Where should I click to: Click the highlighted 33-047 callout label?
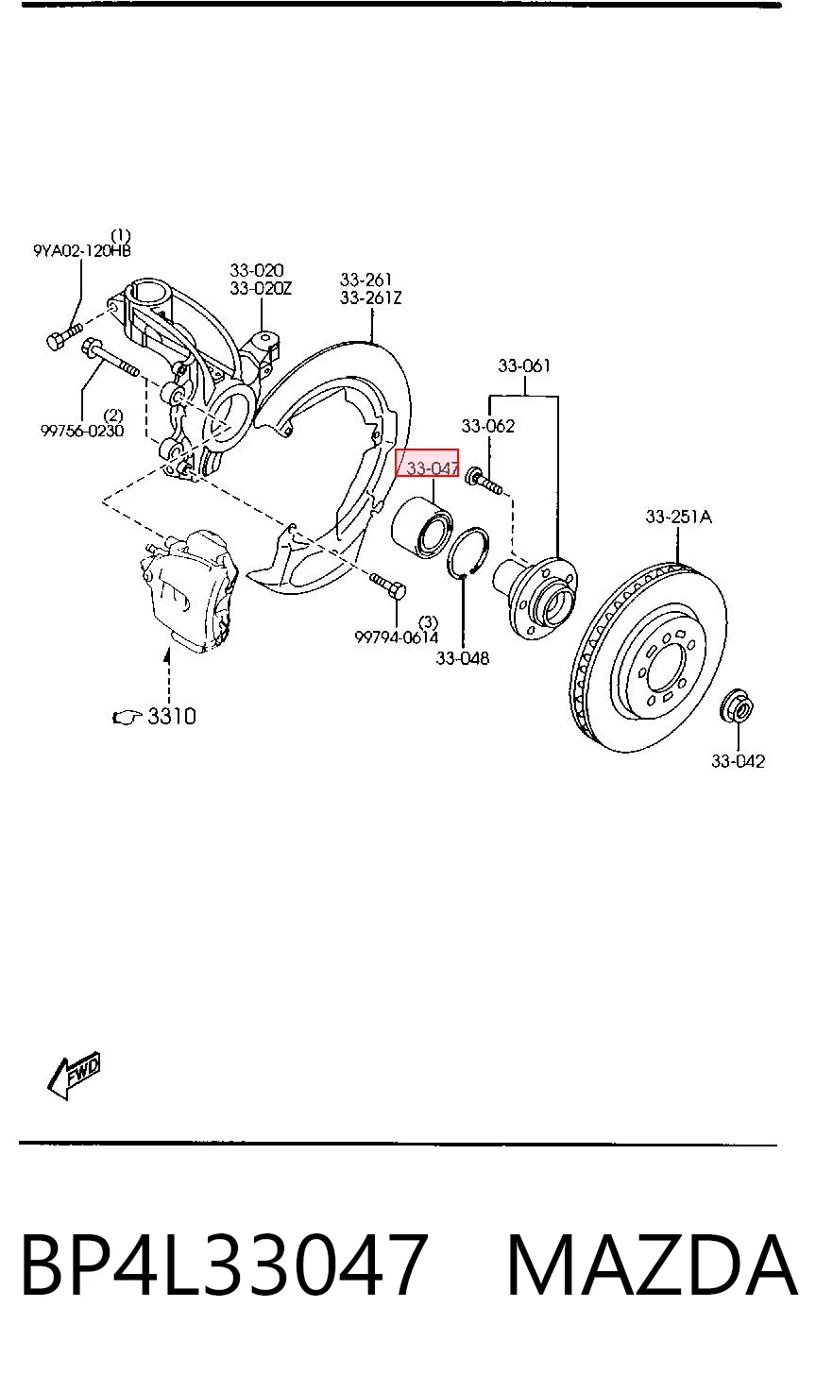point(427,462)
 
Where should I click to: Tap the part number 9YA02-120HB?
point(81,250)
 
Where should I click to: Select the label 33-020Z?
point(261,288)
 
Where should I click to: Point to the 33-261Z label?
point(371,297)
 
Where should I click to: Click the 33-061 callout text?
point(524,365)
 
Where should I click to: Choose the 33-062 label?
point(488,425)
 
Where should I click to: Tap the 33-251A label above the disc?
point(678,517)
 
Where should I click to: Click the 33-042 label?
point(738,761)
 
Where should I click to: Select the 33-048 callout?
point(463,658)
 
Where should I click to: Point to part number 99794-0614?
point(397,637)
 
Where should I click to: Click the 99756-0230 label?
point(82,431)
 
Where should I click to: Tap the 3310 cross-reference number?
point(172,716)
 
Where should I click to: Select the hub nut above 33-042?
point(737,706)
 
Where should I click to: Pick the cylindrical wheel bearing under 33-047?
point(422,526)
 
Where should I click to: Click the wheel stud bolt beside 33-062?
point(484,481)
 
